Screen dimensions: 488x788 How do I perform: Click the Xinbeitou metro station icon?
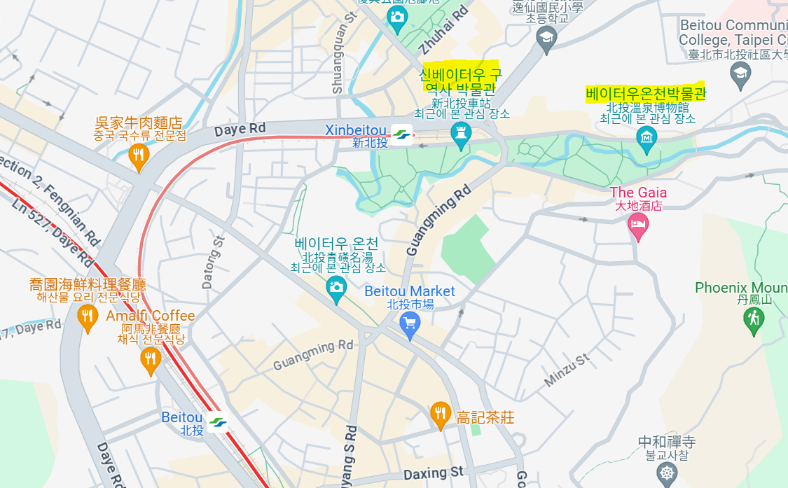pyautogui.click(x=401, y=134)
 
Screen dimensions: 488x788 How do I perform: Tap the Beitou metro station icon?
pyautogui.click(x=217, y=422)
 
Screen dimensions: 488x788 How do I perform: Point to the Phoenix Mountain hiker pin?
pyautogui.click(x=754, y=320)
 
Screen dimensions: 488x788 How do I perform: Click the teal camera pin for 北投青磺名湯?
pyautogui.click(x=337, y=288)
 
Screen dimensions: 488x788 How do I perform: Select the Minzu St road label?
pyautogui.click(x=567, y=370)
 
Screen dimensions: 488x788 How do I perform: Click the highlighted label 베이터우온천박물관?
pyautogui.click(x=646, y=93)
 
